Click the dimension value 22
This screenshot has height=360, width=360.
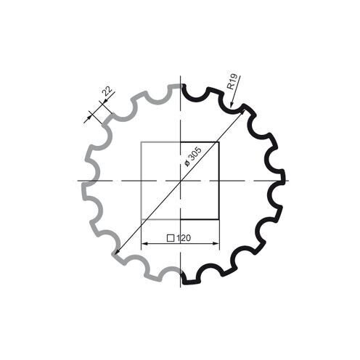pyautogui.click(x=107, y=92)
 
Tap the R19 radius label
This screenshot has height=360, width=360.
pyautogui.click(x=232, y=80)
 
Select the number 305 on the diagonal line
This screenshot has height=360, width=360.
pyautogui.click(x=195, y=153)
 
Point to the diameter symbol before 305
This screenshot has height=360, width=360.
pyautogui.click(x=186, y=164)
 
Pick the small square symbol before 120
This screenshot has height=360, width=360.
pyautogui.click(x=170, y=237)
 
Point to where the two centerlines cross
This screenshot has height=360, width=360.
pyautogui.click(x=180, y=180)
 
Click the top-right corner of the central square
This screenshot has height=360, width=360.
pyautogui.click(x=218, y=142)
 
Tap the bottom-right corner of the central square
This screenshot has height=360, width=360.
pyautogui.click(x=218, y=219)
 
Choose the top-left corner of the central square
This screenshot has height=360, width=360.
pyautogui.click(x=141, y=142)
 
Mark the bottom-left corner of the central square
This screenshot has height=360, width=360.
pyautogui.click(x=141, y=219)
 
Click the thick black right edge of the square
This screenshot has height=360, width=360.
pyautogui.click(x=218, y=181)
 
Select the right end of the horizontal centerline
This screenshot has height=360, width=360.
pyautogui.click(x=288, y=180)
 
